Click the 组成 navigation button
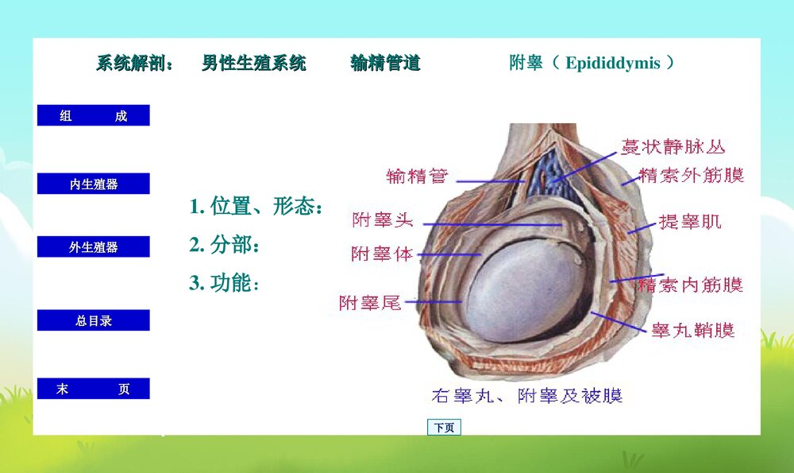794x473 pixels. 93,116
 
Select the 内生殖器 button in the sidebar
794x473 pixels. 93,184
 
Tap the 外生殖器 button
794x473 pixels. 93,247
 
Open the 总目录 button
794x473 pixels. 93,320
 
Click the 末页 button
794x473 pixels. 93,389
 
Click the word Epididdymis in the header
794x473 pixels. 612,64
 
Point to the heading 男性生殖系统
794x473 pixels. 253,64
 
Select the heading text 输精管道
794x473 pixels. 385,64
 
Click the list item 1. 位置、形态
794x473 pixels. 256,207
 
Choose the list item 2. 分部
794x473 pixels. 225,245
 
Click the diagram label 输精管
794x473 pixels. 417,176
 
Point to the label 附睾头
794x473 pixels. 383,220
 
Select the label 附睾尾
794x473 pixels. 370,303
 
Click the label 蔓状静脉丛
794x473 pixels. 673,147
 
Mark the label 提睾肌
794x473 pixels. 690,222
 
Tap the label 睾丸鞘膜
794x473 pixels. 692,330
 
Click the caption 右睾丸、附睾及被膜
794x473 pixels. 526,395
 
